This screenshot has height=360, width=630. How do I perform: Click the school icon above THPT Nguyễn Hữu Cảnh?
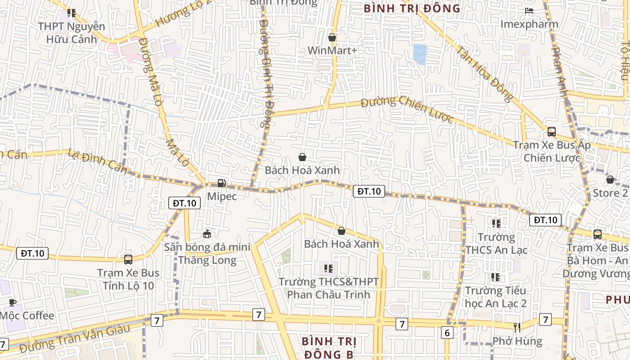tap(71, 13)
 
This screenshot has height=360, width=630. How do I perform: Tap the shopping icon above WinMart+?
tap(332, 37)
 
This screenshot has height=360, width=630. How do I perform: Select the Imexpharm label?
tap(529, 24)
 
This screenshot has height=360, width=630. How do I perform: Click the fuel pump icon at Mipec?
tap(221, 183)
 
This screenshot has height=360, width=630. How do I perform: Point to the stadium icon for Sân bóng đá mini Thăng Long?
tap(207, 234)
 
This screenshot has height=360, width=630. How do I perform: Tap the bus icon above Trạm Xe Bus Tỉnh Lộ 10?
tap(128, 259)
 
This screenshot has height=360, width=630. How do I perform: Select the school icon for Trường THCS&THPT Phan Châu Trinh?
tap(328, 269)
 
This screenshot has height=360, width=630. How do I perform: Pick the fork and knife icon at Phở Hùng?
tap(517, 327)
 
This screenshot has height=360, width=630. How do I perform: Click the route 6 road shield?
tap(447, 333)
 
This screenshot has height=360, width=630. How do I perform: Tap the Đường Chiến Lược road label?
tap(407, 108)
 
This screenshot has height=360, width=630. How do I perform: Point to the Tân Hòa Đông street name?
tap(485, 73)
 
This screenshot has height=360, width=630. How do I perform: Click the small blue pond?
tap(420, 54)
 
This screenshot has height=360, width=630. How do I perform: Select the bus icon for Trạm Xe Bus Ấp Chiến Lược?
tap(552, 132)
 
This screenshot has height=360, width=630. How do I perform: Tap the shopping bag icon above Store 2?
tap(610, 180)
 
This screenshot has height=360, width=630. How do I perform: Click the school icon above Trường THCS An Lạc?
tap(496, 223)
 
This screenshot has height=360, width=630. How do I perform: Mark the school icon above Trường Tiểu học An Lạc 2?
tap(495, 277)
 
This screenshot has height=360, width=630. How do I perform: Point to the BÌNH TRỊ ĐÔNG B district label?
tap(329, 348)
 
